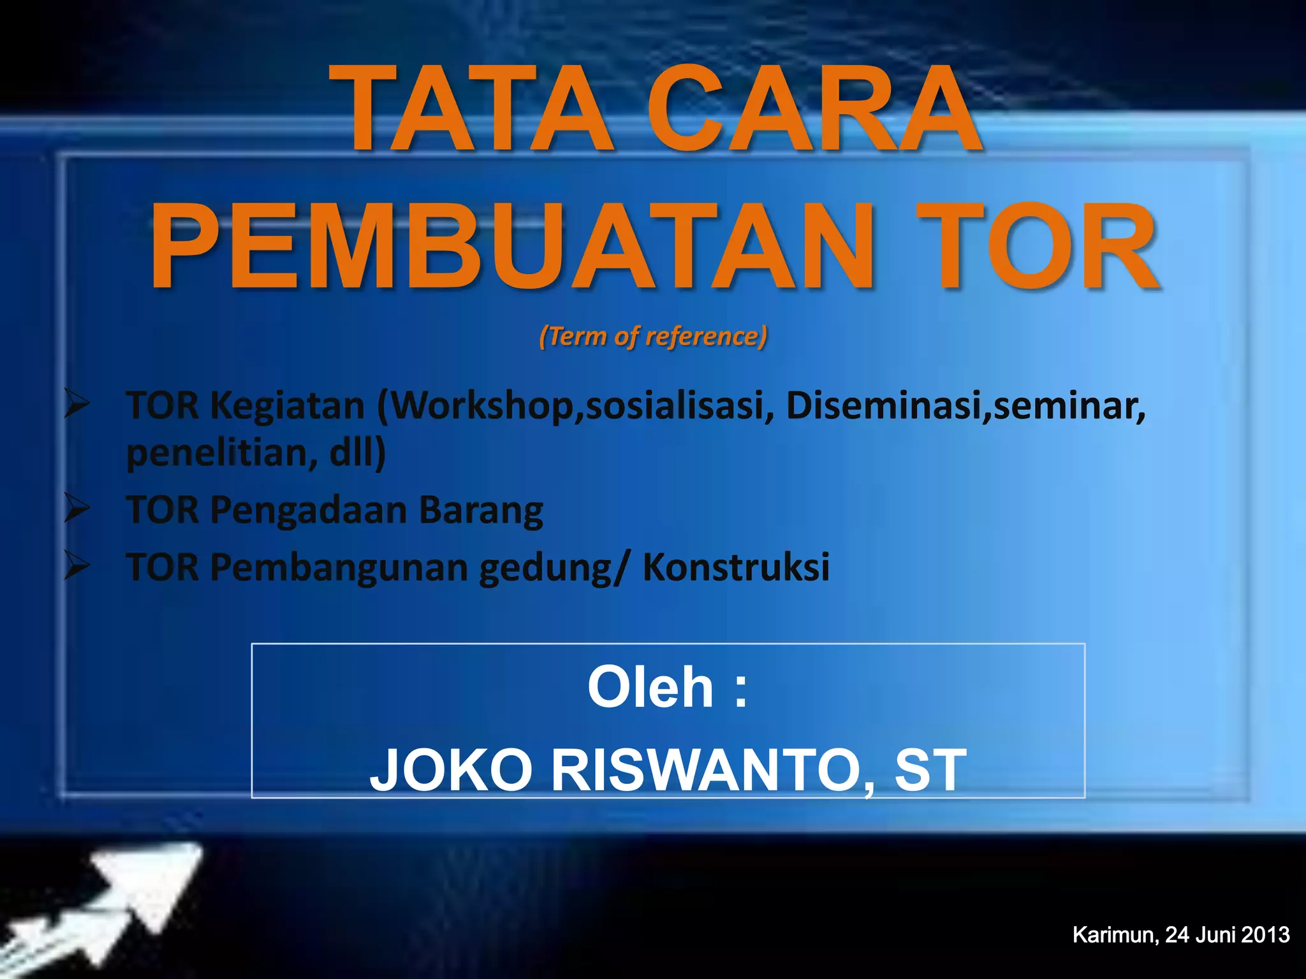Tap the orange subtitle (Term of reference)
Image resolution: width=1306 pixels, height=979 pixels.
tap(653, 336)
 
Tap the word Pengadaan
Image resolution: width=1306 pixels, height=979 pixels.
tap(309, 511)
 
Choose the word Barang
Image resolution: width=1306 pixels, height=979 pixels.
tap(481, 511)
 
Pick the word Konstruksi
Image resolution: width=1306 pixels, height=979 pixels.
tap(736, 567)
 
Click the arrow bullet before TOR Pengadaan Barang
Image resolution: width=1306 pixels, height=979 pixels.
tap(77, 509)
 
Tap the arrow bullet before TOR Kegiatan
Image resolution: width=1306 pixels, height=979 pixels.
tap(77, 404)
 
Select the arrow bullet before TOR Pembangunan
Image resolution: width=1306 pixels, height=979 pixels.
tap(77, 565)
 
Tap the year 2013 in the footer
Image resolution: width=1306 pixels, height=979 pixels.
tap(1265, 935)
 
